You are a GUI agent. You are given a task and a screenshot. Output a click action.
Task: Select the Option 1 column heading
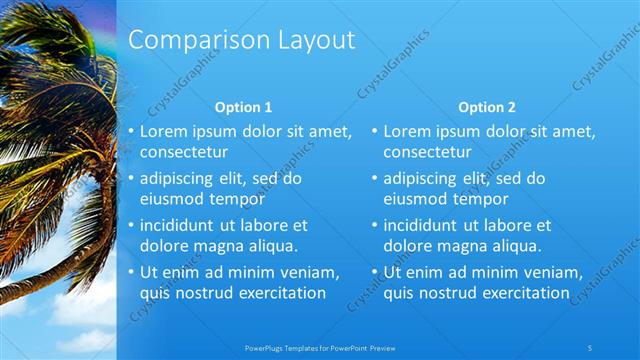click(244, 107)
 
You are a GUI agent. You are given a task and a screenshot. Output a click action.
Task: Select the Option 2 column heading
click(488, 107)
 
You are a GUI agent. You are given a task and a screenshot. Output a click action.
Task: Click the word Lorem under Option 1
click(162, 131)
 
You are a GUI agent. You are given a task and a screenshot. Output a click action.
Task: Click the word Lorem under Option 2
click(406, 131)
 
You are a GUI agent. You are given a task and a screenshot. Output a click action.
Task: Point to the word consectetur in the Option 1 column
click(184, 152)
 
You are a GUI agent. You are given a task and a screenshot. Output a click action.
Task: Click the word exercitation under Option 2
click(521, 293)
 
